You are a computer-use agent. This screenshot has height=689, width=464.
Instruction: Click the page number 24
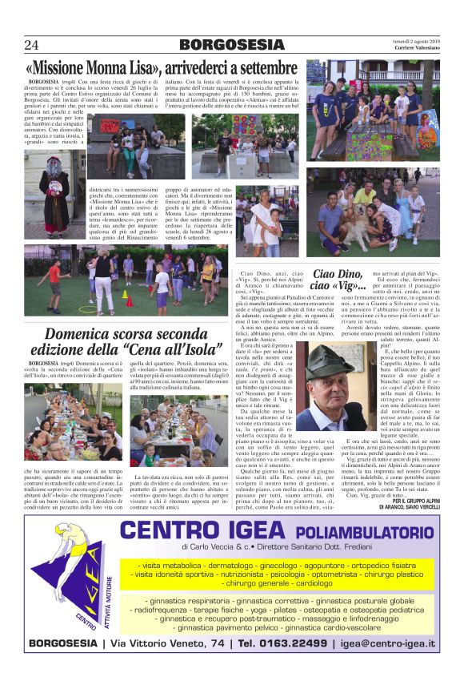[32, 45]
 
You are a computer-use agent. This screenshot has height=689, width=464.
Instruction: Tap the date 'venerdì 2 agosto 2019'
[411, 40]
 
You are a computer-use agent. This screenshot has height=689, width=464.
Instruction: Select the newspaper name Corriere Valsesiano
[411, 48]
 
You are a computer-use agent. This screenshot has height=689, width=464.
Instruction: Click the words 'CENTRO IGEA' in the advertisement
[200, 531]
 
